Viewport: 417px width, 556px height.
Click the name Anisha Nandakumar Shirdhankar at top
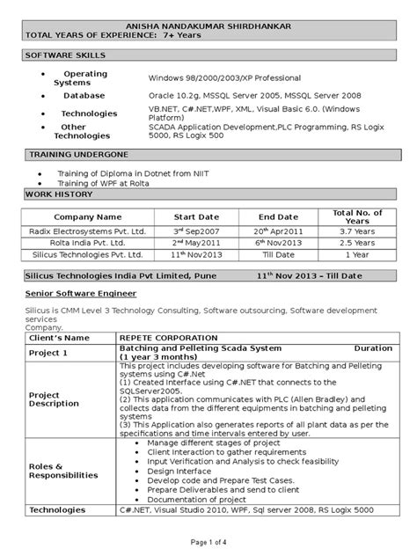click(x=208, y=26)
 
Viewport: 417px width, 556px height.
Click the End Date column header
click(x=278, y=216)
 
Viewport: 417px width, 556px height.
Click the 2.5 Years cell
click(x=356, y=242)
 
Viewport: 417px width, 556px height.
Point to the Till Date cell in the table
click(x=278, y=254)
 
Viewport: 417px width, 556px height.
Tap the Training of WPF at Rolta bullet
click(x=104, y=182)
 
